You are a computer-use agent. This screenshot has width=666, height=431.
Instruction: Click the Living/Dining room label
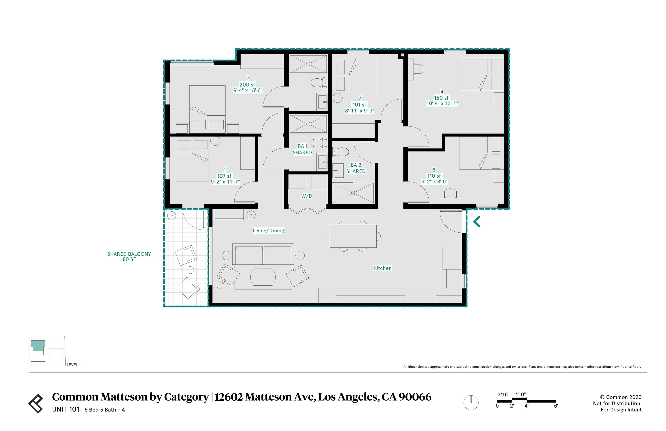point(268,230)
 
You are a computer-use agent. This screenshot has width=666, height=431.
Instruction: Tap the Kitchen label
point(382,268)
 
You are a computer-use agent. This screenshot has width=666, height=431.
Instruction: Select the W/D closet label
point(306,196)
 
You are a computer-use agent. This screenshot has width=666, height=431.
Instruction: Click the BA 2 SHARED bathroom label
point(355,168)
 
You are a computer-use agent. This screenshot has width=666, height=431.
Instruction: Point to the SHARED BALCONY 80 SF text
point(129,256)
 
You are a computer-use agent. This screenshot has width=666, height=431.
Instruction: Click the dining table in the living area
point(353,236)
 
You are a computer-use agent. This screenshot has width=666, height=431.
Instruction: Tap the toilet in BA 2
point(341,152)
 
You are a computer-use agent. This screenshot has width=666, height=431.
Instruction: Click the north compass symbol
point(471,402)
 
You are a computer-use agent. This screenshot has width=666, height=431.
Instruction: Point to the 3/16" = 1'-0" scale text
point(511,394)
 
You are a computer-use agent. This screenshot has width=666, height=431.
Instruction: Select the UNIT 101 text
point(66,409)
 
